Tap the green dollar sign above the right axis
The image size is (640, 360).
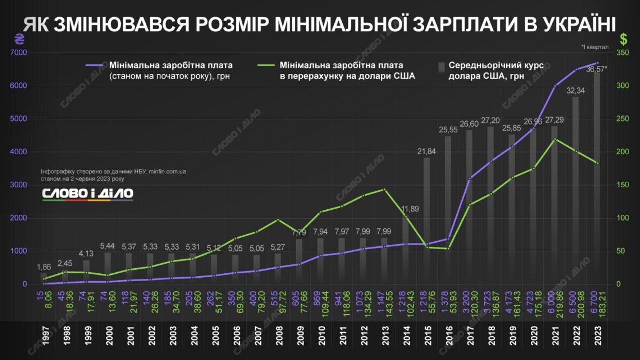623,38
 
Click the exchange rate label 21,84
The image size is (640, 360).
427,151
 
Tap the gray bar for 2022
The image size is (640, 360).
576,190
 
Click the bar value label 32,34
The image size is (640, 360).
576,91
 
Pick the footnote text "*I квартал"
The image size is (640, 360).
595,47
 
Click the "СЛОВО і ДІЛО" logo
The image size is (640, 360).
87,194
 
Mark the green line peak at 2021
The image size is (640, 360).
555,139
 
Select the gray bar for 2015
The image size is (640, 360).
427,220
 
